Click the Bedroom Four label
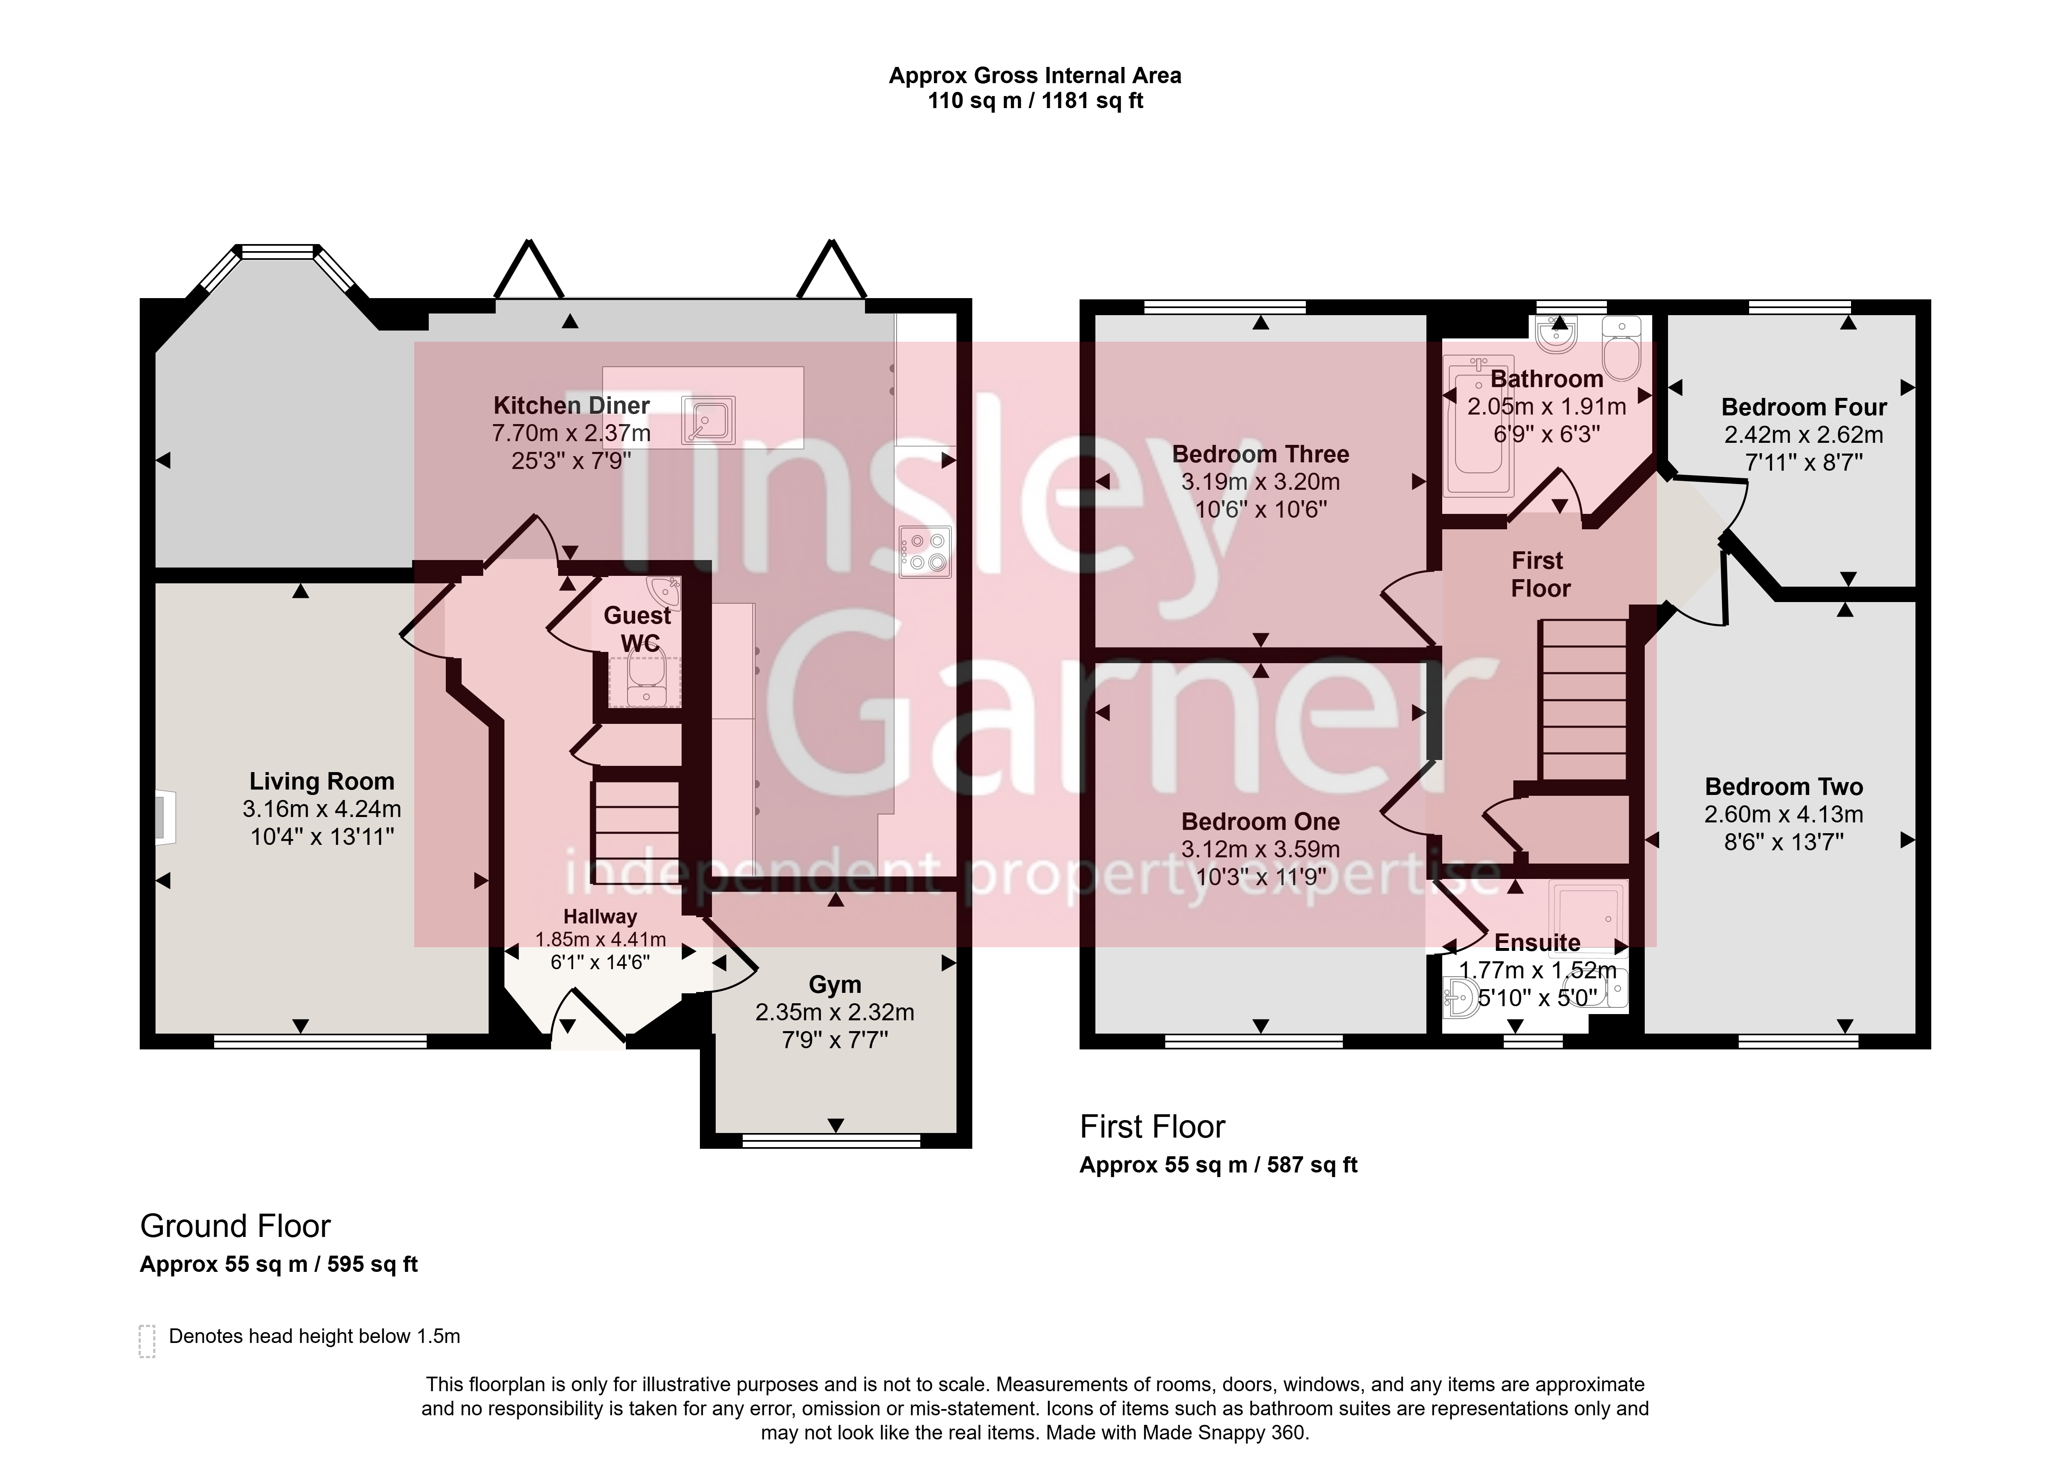(1804, 407)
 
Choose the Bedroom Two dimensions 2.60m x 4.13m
(1784, 815)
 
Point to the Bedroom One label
(1260, 822)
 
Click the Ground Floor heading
(235, 1226)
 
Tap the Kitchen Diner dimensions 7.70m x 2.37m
(572, 434)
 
